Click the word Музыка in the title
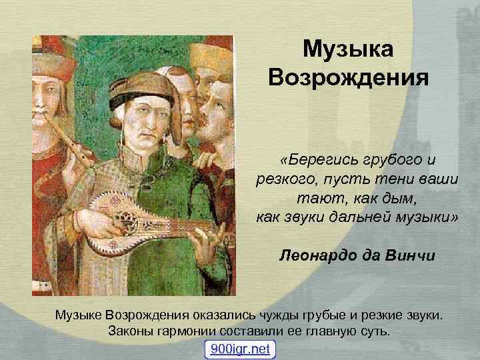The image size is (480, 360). (x=348, y=49)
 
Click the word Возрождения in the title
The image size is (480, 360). (x=348, y=79)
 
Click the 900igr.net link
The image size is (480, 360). (x=240, y=349)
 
